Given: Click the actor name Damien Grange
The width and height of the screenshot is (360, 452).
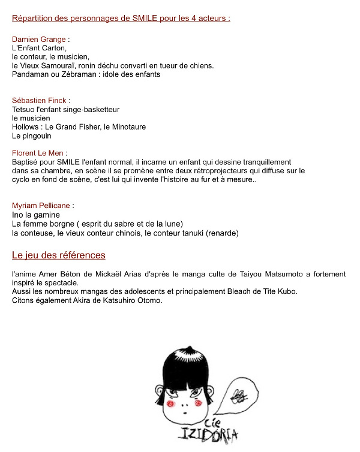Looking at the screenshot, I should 39,40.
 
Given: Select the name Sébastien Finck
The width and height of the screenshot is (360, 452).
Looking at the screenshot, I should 39,101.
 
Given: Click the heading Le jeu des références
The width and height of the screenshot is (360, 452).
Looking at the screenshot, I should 59,255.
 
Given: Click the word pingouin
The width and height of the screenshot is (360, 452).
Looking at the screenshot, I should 38,136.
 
